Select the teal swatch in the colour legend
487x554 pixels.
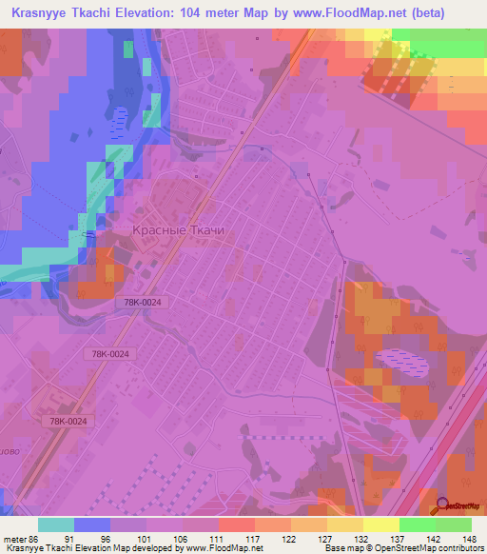pyautogui.click(x=56, y=524)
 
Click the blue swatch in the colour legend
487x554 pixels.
pyautogui.click(x=92, y=524)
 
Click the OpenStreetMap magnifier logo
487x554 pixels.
pyautogui.click(x=442, y=505)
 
